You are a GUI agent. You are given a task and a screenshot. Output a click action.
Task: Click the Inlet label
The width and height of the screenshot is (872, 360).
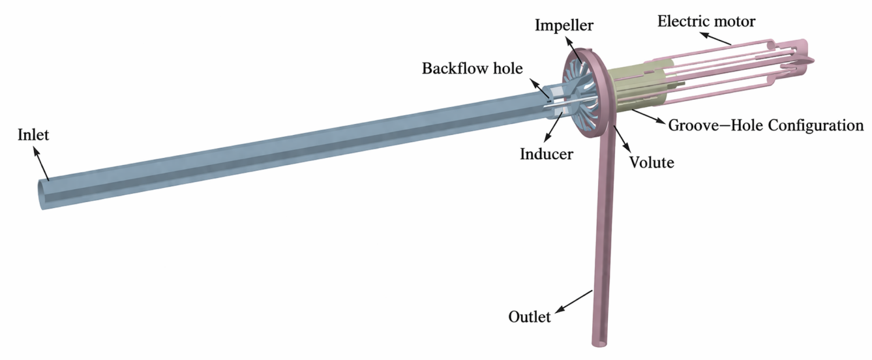33,135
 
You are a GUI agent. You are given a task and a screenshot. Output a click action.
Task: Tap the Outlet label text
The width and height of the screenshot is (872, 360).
530,317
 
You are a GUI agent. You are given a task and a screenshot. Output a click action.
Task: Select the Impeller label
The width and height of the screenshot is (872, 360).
564,25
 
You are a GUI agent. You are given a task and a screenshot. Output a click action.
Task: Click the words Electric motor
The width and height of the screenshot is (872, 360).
706,22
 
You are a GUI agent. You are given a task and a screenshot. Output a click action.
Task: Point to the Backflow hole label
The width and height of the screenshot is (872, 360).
472,68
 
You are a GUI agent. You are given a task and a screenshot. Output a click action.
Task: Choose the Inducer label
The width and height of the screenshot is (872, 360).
547,154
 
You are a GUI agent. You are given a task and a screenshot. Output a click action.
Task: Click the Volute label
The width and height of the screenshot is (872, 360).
652,162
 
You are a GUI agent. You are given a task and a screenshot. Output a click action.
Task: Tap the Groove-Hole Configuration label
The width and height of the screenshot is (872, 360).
766,125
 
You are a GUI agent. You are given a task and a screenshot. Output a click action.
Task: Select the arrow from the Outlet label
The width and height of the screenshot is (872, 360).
573,301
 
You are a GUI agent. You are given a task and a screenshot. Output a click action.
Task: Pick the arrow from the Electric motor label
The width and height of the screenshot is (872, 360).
716,38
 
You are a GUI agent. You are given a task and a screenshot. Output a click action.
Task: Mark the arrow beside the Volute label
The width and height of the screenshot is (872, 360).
620,139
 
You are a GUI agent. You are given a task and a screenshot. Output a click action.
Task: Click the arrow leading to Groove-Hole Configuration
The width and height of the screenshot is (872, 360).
648,116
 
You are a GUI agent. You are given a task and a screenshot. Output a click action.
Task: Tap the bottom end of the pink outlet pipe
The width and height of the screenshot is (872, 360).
600,344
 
